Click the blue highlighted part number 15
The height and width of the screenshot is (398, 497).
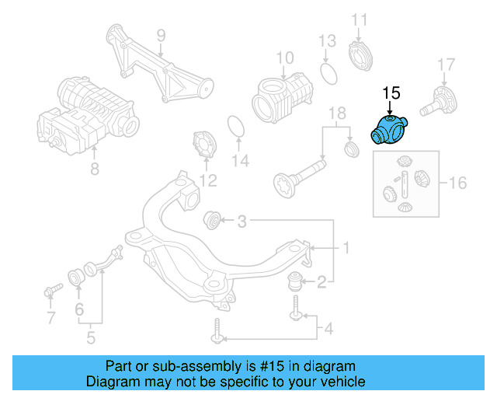pos(389,130)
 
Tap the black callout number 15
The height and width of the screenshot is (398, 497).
pos(391,93)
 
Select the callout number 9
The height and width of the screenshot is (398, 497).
pos(161,36)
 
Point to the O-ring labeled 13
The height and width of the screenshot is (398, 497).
pos(328,74)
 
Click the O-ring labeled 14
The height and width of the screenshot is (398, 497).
pos(236,127)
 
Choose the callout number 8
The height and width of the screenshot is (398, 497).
pos(95,169)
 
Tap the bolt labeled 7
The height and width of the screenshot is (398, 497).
pos(54,290)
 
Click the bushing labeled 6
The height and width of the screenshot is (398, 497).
pos(76,277)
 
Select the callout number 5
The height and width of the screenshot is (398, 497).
pos(91,337)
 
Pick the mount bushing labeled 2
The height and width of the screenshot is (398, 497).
pos(294,281)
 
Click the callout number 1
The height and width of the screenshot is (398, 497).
pos(346,247)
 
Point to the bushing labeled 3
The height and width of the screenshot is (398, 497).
pos(212,220)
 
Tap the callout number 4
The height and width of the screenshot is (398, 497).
pos(328,329)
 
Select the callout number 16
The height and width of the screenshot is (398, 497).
pos(458,183)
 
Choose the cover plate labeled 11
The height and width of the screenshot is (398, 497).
pos(360,56)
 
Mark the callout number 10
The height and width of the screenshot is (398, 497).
pos(285,58)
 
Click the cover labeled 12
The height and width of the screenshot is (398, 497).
pos(204,145)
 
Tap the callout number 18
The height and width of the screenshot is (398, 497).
pos(337,113)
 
